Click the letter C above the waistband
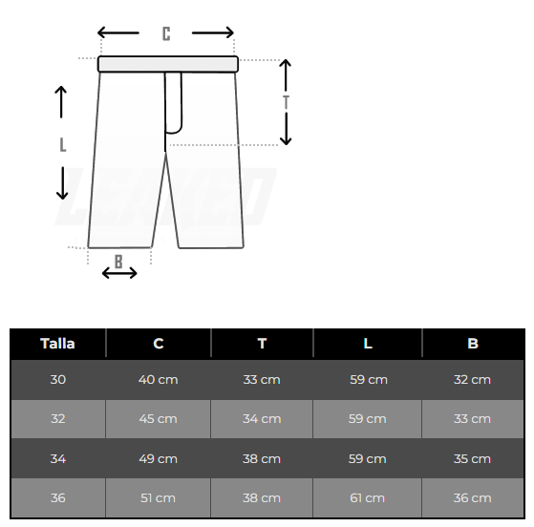[166, 33]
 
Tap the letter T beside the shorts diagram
[286, 102]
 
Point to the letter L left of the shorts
[63, 145]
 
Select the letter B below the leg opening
[118, 262]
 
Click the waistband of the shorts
[168, 64]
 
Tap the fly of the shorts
[173, 102]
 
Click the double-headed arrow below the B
[119, 273]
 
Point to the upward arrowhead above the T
[286, 63]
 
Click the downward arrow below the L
[62, 183]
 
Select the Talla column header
[57, 344]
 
